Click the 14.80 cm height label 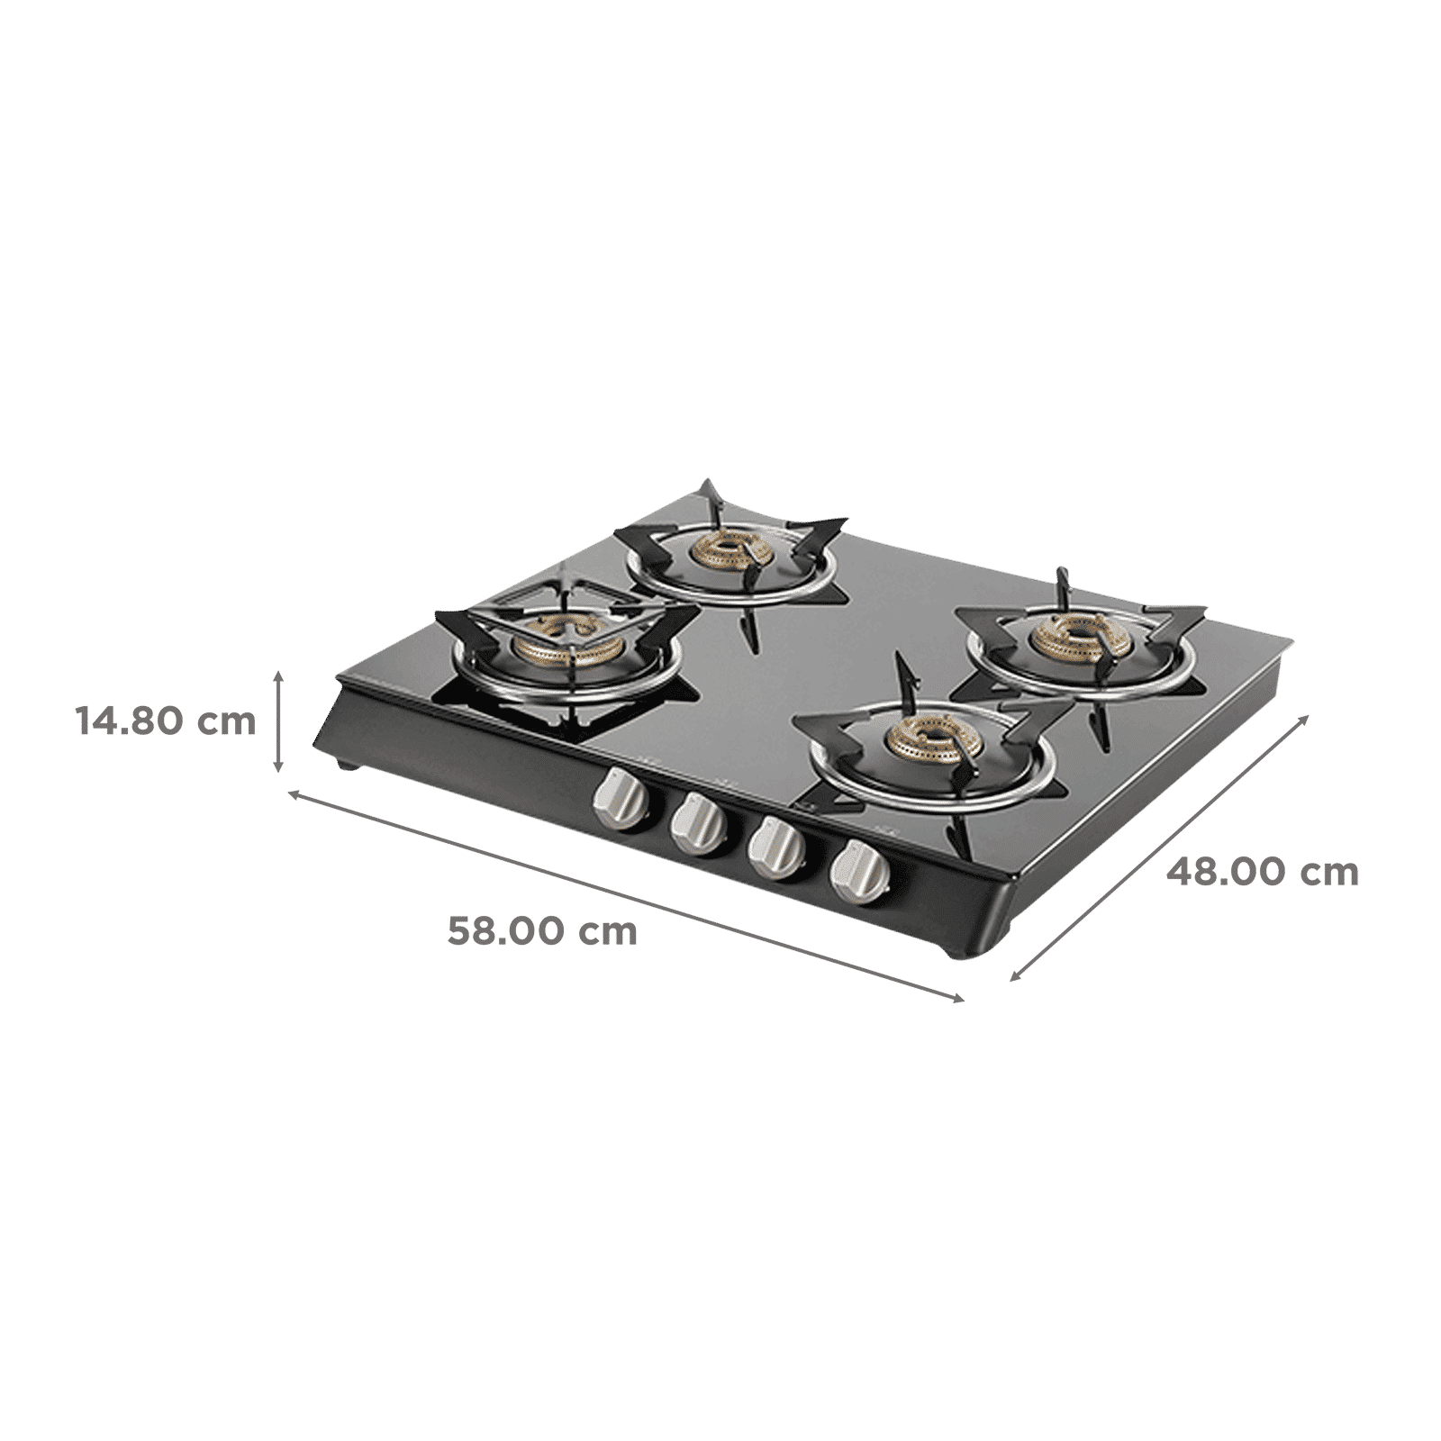166,721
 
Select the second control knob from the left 700,822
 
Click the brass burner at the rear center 726,550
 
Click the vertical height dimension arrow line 280,720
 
